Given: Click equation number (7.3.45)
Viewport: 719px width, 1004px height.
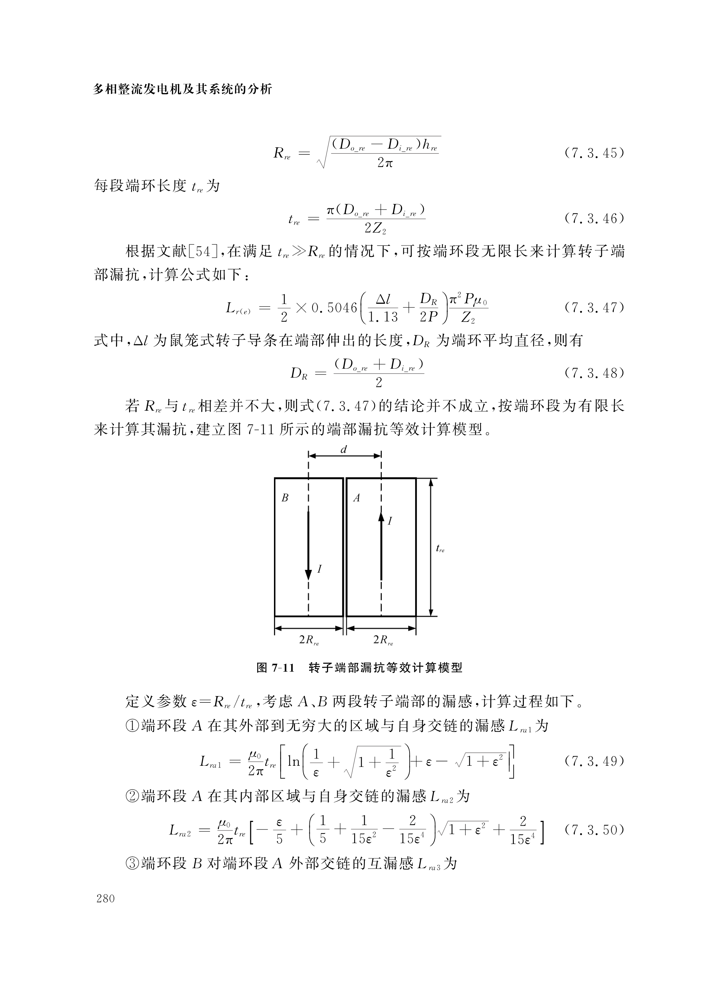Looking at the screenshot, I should point(594,153).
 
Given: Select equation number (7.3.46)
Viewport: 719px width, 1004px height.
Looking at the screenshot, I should point(594,218).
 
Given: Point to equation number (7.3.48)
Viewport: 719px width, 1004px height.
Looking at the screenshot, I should point(594,373).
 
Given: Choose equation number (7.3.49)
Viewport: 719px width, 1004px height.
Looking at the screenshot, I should point(594,761).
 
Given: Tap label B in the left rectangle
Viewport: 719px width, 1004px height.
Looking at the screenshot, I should point(285,498).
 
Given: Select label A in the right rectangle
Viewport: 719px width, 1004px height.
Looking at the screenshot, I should point(356,498).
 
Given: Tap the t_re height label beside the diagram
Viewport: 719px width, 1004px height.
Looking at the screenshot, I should point(440,549).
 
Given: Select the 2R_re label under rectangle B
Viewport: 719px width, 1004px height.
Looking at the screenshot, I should point(309,640).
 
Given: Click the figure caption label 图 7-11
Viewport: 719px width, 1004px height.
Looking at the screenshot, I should point(275,668).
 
